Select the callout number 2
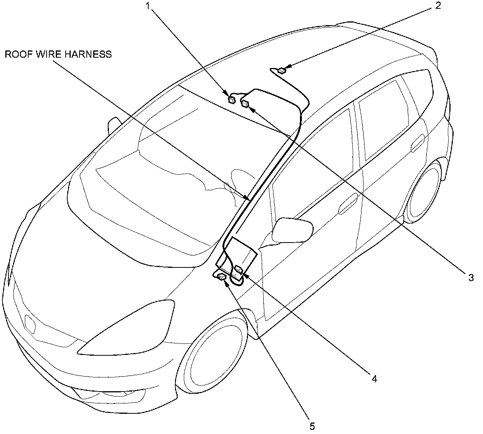click(438, 5)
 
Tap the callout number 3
click(471, 277)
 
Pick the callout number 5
click(312, 426)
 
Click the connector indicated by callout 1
click(232, 100)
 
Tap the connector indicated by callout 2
click(282, 70)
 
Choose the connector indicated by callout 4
click(239, 269)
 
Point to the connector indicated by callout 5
click(222, 277)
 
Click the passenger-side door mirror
click(292, 230)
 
